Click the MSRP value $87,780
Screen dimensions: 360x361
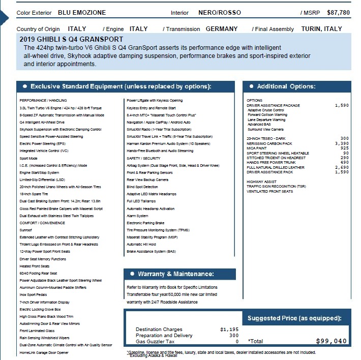(x=338, y=12)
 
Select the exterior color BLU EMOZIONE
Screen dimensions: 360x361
(x=82, y=12)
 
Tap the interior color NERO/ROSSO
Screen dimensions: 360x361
(x=220, y=12)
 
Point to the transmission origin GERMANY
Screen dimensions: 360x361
(x=222, y=29)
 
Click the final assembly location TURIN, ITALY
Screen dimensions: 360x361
(x=321, y=29)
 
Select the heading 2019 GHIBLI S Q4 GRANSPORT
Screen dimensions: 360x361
(x=71, y=39)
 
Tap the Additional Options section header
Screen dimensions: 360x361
(x=286, y=86)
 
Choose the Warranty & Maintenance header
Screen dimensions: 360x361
(x=176, y=274)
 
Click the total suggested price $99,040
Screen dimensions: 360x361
(x=331, y=341)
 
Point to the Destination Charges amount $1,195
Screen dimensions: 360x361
(x=229, y=329)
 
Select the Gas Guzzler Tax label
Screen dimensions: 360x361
(x=155, y=341)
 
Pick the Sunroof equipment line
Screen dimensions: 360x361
(x=26, y=230)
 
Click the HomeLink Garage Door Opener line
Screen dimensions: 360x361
(x=44, y=352)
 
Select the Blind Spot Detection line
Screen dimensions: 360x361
(x=142, y=187)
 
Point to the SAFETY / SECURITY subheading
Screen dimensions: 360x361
(x=143, y=158)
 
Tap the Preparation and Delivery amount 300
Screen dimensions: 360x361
(x=234, y=335)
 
